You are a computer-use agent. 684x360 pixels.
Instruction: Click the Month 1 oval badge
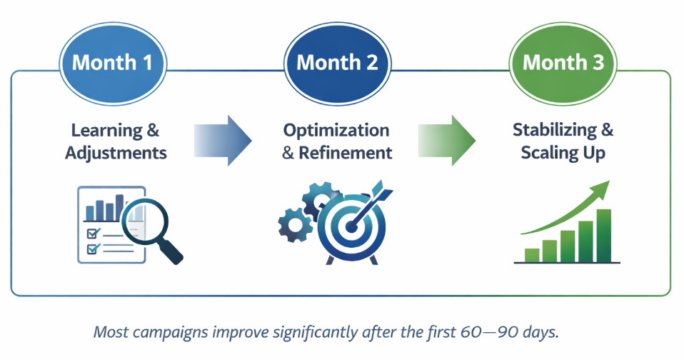(x=113, y=64)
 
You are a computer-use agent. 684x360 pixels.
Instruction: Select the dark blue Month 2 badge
(x=337, y=64)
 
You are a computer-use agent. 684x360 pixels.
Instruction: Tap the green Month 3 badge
(x=563, y=64)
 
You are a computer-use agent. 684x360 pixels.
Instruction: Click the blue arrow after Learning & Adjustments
(x=223, y=141)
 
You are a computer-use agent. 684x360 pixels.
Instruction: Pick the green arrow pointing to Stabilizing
(x=447, y=141)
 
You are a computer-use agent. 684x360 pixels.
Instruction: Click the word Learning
(x=107, y=131)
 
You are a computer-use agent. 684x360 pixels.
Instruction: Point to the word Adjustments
(x=116, y=153)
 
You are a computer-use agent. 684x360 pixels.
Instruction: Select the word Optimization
(x=336, y=131)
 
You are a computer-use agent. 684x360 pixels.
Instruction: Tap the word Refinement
(x=346, y=153)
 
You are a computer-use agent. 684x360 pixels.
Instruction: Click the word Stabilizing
(x=555, y=130)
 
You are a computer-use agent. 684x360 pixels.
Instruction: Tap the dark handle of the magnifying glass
(x=171, y=253)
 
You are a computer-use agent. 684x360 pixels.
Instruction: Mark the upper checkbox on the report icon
(x=92, y=234)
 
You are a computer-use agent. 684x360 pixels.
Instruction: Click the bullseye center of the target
(x=350, y=226)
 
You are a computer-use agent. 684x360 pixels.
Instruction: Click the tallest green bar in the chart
(x=604, y=236)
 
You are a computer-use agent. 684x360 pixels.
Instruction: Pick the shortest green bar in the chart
(x=532, y=255)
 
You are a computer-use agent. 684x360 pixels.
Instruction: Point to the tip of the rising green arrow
(x=609, y=181)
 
